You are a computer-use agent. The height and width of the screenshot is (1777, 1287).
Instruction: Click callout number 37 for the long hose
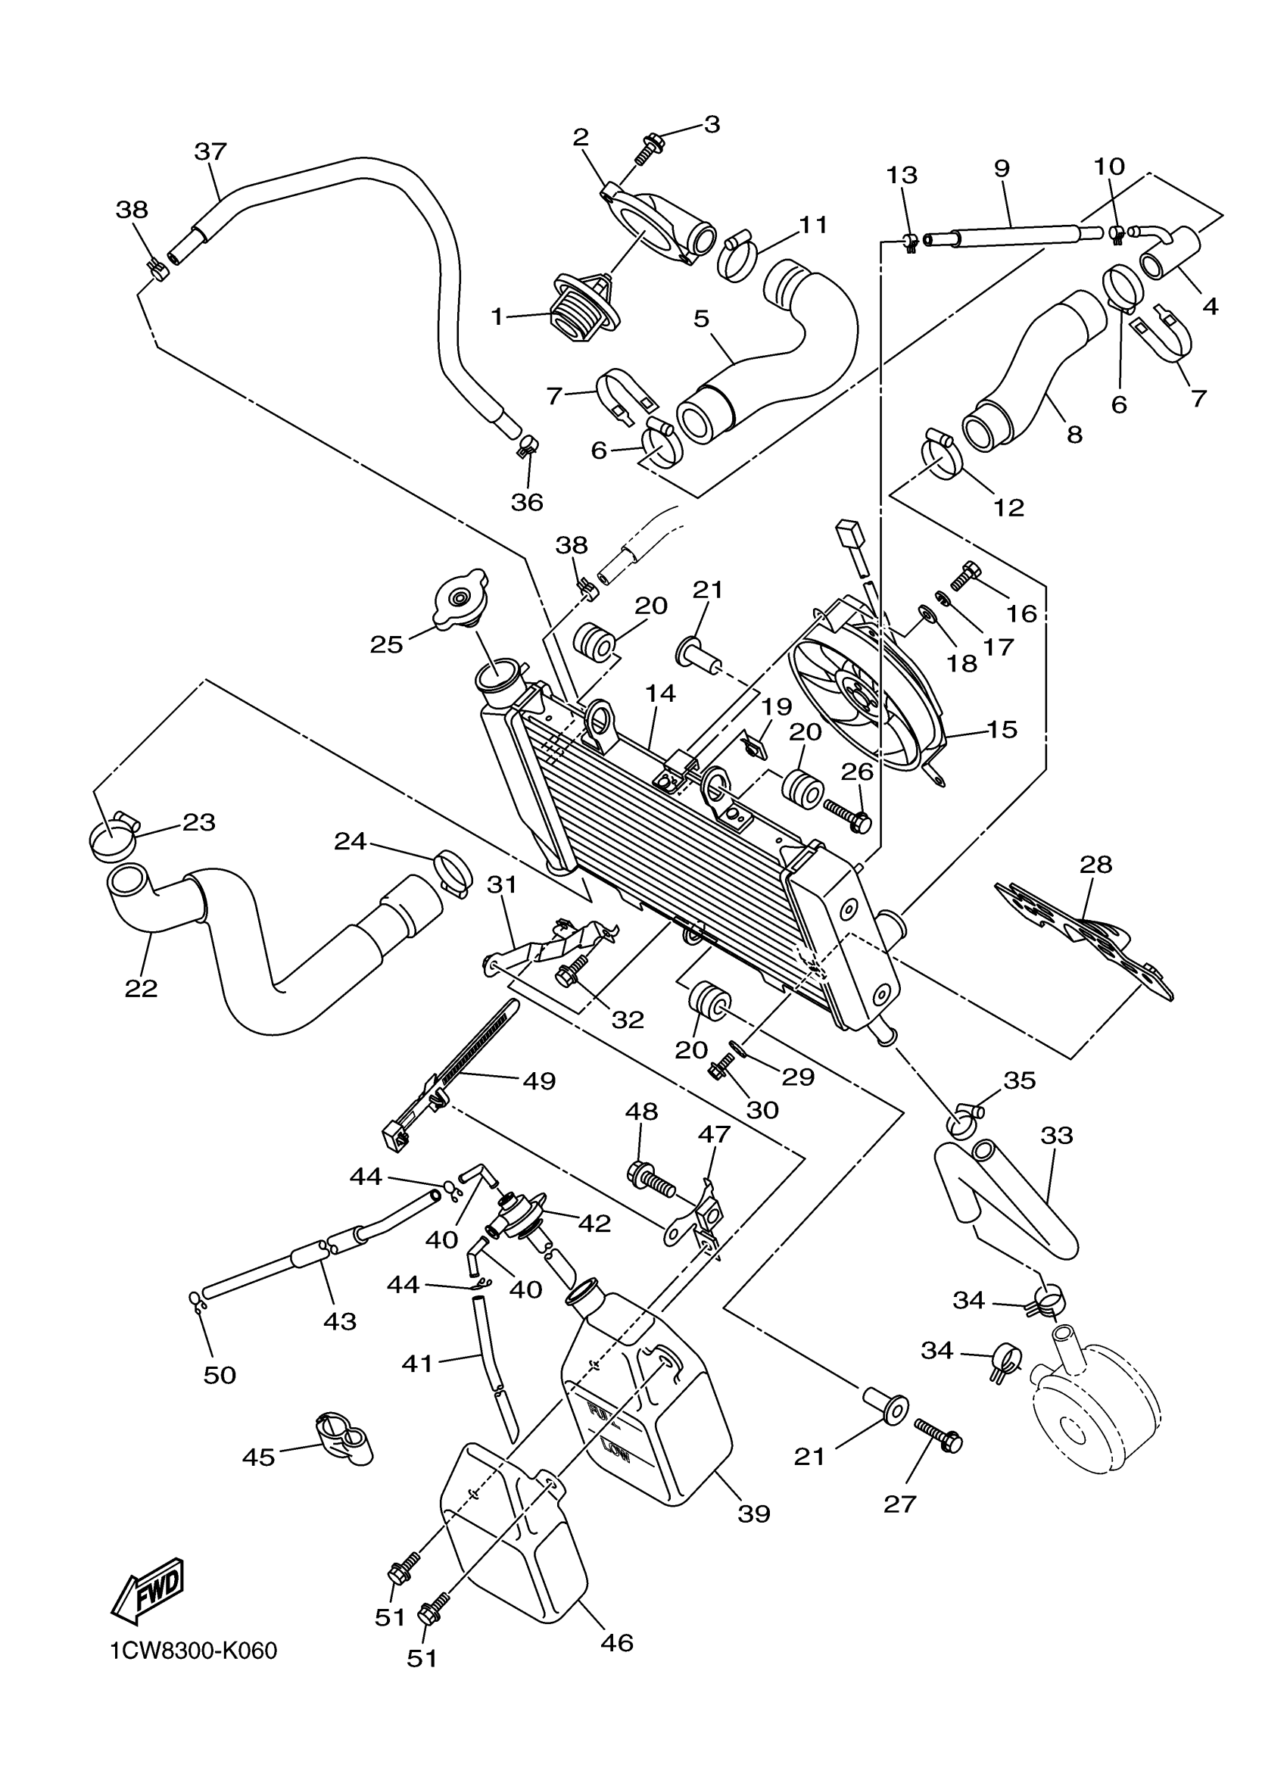[x=210, y=151]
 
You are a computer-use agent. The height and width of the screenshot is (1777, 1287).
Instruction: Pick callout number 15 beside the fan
[x=1002, y=728]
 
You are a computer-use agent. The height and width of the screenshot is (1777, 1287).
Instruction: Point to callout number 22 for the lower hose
[x=141, y=988]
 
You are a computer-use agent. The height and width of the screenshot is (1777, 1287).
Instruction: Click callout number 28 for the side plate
[x=1095, y=864]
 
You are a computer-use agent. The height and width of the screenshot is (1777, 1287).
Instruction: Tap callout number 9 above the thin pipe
[x=1001, y=167]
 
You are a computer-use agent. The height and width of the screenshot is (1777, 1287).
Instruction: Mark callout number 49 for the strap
[x=539, y=1081]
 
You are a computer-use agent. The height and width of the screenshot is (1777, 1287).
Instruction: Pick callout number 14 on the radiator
[x=661, y=694]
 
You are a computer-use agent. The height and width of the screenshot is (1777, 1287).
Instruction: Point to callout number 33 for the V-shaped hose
[x=1056, y=1134]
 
